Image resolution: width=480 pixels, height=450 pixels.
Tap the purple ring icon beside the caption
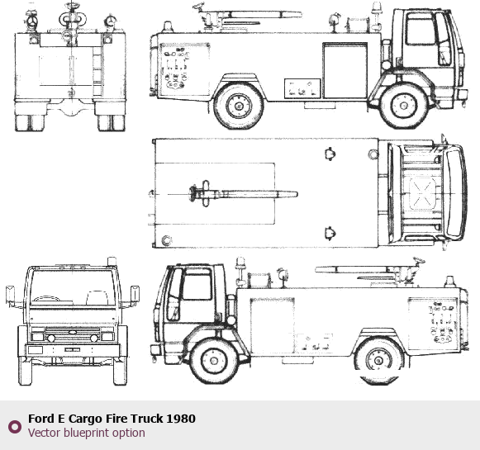pyautogui.click(x=15, y=426)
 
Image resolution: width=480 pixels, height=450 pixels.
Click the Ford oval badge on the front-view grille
pyautogui.click(x=72, y=332)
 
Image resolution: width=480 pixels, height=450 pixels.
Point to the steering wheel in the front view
pyautogui.click(x=46, y=298)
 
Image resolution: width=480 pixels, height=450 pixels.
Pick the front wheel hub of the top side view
pyautogui.click(x=404, y=106)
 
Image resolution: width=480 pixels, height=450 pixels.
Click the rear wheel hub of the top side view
pyautogui.click(x=239, y=107)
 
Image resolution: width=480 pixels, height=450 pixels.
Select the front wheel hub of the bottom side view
pyautogui.click(x=214, y=361)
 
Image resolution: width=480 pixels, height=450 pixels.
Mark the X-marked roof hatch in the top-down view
pyautogui.click(x=422, y=194)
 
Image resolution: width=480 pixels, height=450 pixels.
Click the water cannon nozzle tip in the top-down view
pyautogui.click(x=296, y=194)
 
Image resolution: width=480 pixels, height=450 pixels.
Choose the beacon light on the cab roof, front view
pyautogui.click(x=112, y=261)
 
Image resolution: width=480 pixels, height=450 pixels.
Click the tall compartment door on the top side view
pyautogui.click(x=345, y=70)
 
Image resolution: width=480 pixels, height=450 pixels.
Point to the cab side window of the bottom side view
pyautogui.click(x=197, y=285)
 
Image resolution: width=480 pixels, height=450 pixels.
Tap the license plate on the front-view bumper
pyautogui.click(x=72, y=349)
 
